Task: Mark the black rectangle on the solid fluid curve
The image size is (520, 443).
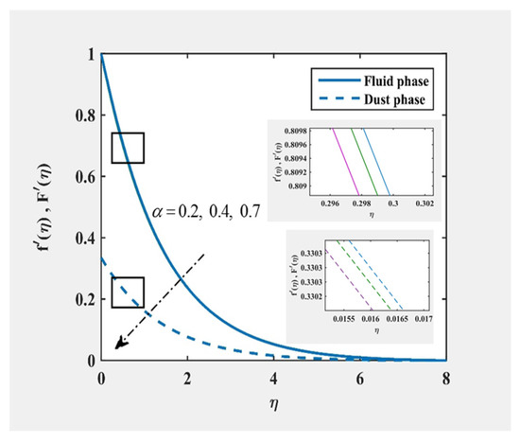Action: (127, 148)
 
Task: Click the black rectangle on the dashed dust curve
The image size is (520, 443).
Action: (127, 292)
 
